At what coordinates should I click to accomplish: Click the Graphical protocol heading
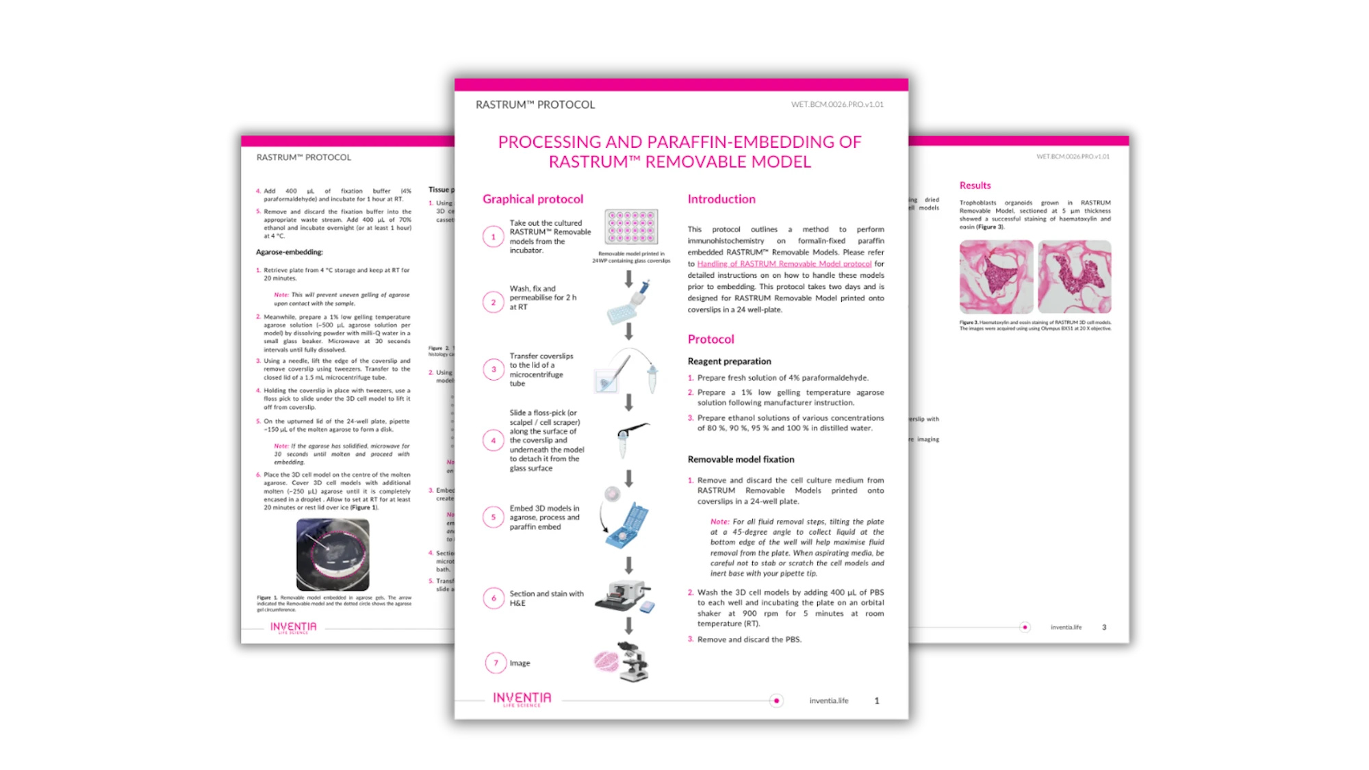533,199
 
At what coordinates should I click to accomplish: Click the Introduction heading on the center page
721,199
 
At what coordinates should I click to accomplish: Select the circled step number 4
493,440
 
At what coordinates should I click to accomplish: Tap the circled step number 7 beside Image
496,663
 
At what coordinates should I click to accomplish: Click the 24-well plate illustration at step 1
631,227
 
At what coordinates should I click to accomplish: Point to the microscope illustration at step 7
632,661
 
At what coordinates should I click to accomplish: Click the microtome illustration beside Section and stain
624,596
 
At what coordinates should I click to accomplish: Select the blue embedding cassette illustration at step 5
627,526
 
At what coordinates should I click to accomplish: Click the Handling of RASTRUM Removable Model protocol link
784,264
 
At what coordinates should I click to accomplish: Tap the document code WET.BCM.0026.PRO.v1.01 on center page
836,105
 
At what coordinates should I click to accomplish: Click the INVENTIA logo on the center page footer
522,698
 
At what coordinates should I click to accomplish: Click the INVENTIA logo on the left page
293,627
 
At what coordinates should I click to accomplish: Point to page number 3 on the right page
1103,627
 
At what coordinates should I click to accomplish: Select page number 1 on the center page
876,700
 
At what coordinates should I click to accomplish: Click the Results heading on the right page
975,185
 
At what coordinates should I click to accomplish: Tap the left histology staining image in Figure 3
996,277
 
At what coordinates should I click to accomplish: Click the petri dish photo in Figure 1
333,554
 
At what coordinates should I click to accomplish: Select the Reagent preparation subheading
729,361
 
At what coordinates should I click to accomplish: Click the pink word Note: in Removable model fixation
719,522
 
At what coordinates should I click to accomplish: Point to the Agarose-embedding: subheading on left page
289,252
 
